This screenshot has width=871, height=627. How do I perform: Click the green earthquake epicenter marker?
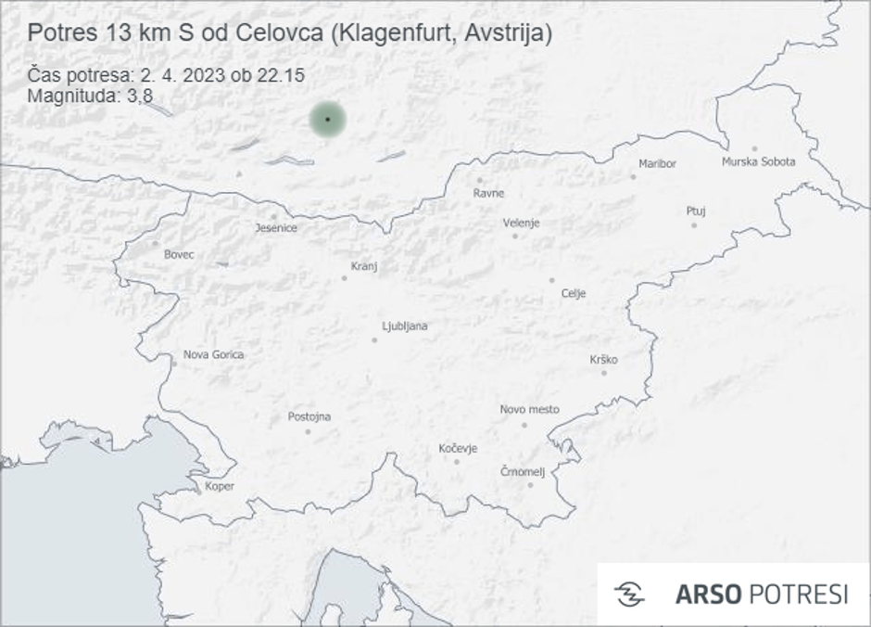pyautogui.click(x=327, y=120)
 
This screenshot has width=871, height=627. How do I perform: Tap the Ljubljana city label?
pyautogui.click(x=405, y=326)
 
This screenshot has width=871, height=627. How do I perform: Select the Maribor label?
pyautogui.click(x=658, y=164)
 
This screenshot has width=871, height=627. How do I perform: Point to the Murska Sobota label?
pyautogui.click(x=758, y=162)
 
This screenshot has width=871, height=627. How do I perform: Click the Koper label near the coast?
pyautogui.click(x=220, y=486)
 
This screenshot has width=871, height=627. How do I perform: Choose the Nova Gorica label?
pyautogui.click(x=214, y=354)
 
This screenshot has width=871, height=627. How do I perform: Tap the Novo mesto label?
pyautogui.click(x=529, y=409)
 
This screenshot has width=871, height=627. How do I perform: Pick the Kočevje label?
pyautogui.click(x=458, y=449)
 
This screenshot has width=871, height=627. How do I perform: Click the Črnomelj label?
pyautogui.click(x=523, y=471)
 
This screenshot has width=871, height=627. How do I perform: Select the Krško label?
pyautogui.click(x=603, y=360)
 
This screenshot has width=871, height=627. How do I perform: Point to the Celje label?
pyautogui.click(x=574, y=294)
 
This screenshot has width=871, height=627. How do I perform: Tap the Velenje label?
pyautogui.click(x=521, y=223)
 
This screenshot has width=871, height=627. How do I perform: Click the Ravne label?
pyautogui.click(x=488, y=194)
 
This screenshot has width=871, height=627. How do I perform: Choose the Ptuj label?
pyautogui.click(x=696, y=211)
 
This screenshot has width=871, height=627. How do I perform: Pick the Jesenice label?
pyautogui.click(x=276, y=228)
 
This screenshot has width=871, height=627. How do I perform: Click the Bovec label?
pyautogui.click(x=179, y=254)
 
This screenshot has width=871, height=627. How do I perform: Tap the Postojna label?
pyautogui.click(x=309, y=416)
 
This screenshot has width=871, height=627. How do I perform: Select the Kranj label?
pyautogui.click(x=364, y=266)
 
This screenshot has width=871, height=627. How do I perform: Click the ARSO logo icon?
pyautogui.click(x=629, y=595)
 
